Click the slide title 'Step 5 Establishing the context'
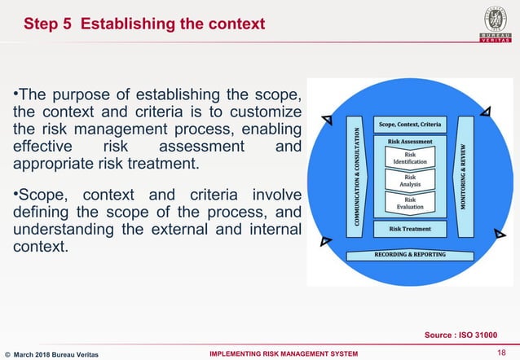coord(144,24)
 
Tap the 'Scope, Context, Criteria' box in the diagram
coord(410,125)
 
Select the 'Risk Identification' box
coord(410,157)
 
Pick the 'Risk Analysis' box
coord(410,181)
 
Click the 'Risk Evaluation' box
coord(410,204)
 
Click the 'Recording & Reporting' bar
coord(410,255)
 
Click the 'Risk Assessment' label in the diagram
coord(410,141)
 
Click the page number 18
coord(501,352)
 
